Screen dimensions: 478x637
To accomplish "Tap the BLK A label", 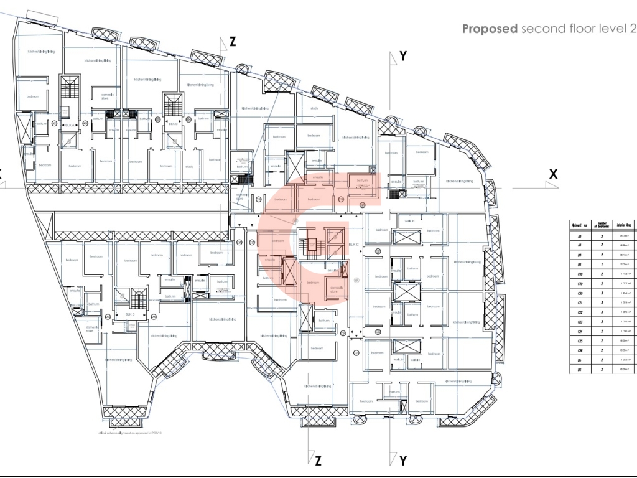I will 69,124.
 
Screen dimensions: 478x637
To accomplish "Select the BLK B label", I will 173,124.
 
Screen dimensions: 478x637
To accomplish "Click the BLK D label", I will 130,315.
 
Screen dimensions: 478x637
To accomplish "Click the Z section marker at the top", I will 233,42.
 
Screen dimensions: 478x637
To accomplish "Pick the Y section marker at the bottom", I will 403,461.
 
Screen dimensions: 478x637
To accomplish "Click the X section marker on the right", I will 552,174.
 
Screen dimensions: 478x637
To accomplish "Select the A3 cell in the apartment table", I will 580,237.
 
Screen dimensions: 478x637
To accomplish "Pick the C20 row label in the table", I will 580,293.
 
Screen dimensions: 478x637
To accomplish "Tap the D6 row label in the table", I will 580,369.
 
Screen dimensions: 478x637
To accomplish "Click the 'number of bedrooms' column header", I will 602,225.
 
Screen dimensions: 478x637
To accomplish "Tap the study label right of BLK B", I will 189,166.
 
